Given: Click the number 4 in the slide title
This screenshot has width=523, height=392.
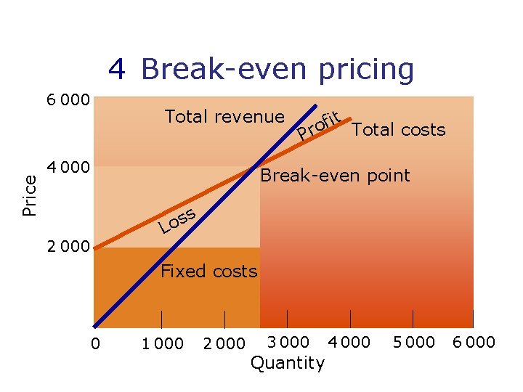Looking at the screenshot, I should [117, 70].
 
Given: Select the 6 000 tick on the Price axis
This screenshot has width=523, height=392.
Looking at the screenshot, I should [68, 99].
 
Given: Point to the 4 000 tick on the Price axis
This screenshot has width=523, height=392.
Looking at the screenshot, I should [68, 168].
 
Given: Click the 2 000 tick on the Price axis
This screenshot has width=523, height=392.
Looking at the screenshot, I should [68, 246].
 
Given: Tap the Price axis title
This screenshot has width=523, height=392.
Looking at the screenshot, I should [30, 194].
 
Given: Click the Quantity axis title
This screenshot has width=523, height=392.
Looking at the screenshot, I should [288, 363].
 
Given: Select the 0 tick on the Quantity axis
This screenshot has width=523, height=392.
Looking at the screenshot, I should [95, 343].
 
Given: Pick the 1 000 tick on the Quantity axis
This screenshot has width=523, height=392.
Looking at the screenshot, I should [163, 343].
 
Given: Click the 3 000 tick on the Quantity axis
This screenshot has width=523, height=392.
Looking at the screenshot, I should [288, 342].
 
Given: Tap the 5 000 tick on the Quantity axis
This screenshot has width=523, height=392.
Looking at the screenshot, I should [413, 342].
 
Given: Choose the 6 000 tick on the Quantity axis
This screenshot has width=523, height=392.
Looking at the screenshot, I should [474, 342].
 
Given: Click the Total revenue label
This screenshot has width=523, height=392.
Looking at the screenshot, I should [224, 116].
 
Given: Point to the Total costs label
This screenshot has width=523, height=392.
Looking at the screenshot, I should [398, 130].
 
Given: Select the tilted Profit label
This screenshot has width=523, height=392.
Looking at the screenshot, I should [320, 124].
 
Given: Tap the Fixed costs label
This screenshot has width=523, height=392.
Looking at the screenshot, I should [208, 271].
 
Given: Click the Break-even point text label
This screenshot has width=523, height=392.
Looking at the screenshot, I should [335, 175].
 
